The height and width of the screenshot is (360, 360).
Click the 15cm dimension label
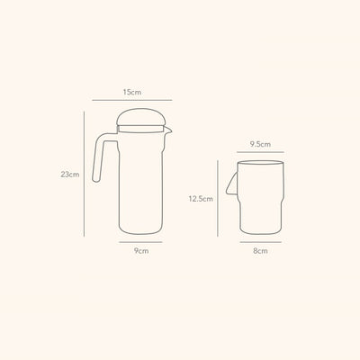click(132, 92)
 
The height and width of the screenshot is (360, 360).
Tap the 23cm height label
click(70, 175)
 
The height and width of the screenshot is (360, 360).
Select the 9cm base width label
click(141, 251)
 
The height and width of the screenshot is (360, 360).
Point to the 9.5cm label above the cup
click(260, 144)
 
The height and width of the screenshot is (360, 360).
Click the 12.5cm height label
click(201, 199)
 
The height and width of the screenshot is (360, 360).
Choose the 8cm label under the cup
click(260, 251)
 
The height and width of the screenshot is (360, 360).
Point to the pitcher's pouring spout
click(167, 130)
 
